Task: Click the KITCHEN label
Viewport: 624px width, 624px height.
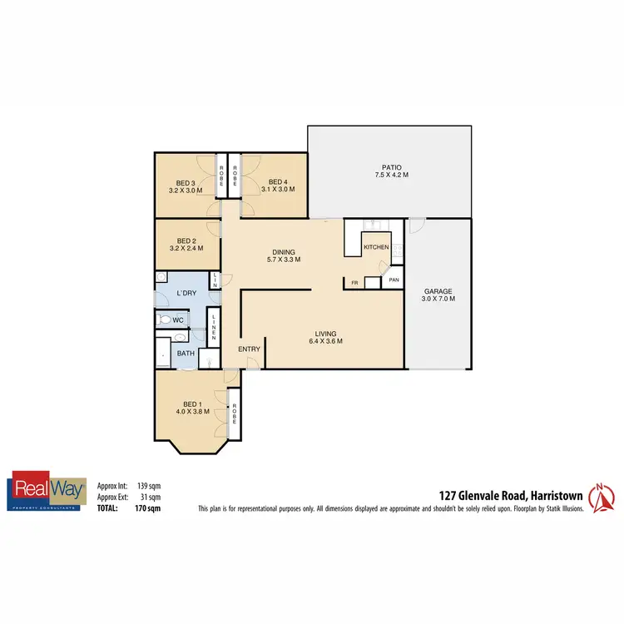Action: coord(376,247)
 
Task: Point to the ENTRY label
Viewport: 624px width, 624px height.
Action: coord(249,349)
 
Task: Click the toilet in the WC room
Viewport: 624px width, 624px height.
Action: coord(166,319)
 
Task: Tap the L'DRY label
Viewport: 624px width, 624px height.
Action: coord(186,293)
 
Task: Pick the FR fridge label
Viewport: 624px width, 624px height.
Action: coord(354,284)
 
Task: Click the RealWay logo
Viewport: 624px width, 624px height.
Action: coord(44,491)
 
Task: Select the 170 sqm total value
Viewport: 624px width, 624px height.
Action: coord(150,507)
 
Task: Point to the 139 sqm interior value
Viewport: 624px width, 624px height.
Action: coord(150,485)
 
